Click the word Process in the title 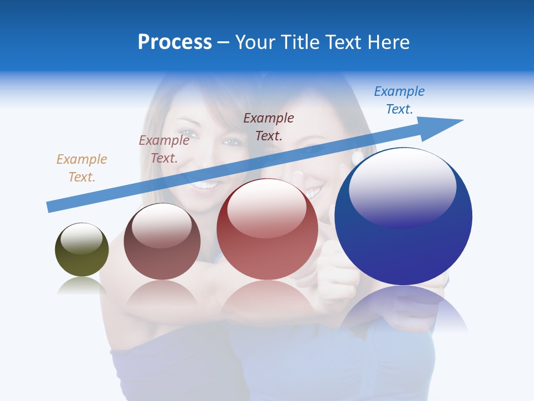(175, 42)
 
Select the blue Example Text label (399, 100)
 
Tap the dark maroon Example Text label (269, 126)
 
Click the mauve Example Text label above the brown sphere (164, 149)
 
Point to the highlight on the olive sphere (81, 238)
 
